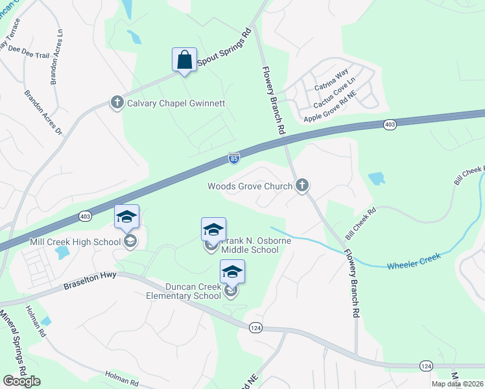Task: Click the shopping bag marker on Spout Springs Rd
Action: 185,60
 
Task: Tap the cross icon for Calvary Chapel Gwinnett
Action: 117,103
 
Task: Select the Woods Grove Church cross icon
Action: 302,186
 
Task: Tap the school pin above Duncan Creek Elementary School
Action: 232,273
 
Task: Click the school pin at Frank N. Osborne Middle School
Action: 213,230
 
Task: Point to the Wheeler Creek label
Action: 414,261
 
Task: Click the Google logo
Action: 22,381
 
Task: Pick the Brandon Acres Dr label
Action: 43,113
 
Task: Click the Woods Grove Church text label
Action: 250,187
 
